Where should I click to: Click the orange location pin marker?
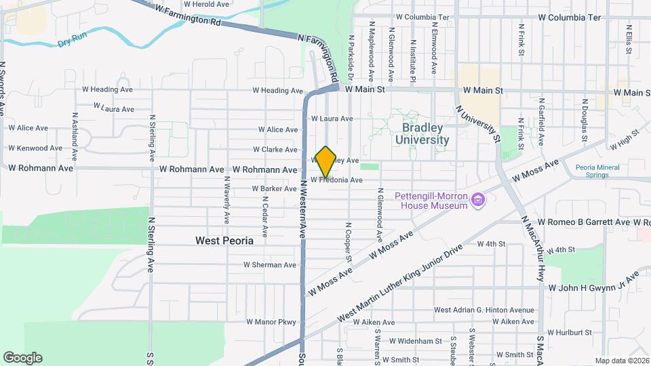[x=325, y=161]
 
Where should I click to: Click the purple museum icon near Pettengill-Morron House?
[x=479, y=199]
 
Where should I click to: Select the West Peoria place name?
[x=224, y=241]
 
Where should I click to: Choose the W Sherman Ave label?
[x=271, y=265]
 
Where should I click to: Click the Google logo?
[x=22, y=358]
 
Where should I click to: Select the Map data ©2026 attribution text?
[x=622, y=361]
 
